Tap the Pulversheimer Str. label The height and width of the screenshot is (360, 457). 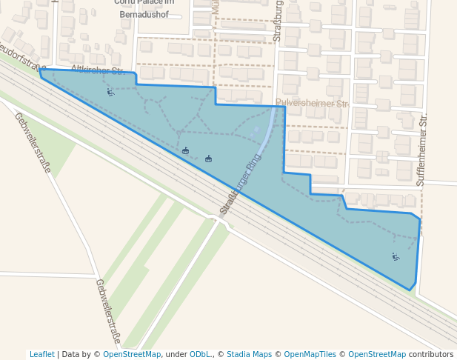click(x=311, y=103)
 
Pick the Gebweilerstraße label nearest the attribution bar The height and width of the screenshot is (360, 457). click(x=108, y=312)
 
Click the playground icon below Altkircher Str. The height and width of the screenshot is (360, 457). click(x=110, y=92)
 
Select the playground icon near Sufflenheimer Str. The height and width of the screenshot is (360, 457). click(x=396, y=257)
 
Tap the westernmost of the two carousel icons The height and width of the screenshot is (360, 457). click(x=185, y=151)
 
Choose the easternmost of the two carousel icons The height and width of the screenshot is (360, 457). click(x=209, y=159)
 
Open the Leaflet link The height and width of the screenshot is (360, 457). click(x=42, y=354)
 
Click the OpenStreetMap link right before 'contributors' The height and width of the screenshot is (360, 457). click(x=376, y=354)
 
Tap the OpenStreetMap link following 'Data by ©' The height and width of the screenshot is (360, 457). click(x=132, y=354)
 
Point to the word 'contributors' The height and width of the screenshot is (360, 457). click(x=430, y=354)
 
